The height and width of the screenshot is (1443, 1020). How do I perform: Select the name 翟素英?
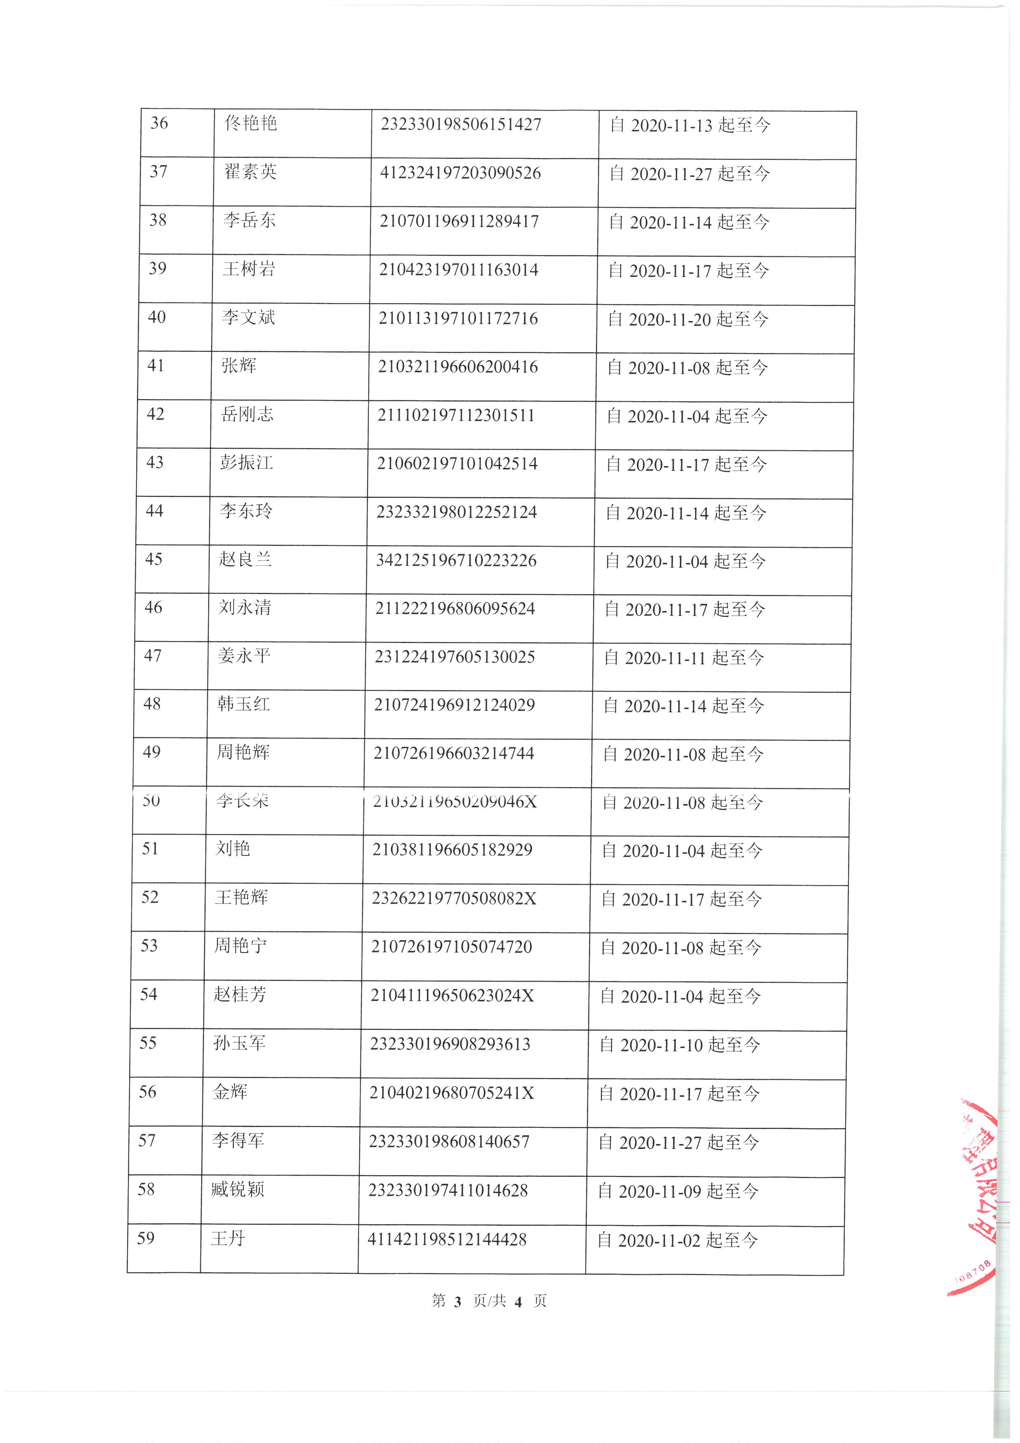coord(250,172)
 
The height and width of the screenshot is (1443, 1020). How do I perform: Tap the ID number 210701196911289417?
coord(459,221)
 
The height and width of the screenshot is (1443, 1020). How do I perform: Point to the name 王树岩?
coord(249,269)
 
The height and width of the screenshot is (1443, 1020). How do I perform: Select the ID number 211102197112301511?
coord(456,416)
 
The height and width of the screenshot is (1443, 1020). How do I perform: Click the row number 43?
coord(155,462)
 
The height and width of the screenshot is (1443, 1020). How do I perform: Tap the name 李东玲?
coord(246,511)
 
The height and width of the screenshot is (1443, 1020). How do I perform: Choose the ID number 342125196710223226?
coord(456,560)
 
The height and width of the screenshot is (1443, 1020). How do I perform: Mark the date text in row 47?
coord(684,658)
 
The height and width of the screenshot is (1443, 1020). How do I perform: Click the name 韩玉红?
coord(244,704)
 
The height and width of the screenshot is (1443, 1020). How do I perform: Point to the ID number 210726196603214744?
coord(454,753)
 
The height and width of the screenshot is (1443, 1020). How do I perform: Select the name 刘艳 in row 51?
coord(233,848)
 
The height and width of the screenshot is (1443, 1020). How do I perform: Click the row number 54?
coord(149,994)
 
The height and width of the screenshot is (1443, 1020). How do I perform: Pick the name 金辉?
coord(230,1092)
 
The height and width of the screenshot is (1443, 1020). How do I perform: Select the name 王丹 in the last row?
coord(227,1238)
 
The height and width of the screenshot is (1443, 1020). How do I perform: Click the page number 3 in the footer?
coord(457,1301)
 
